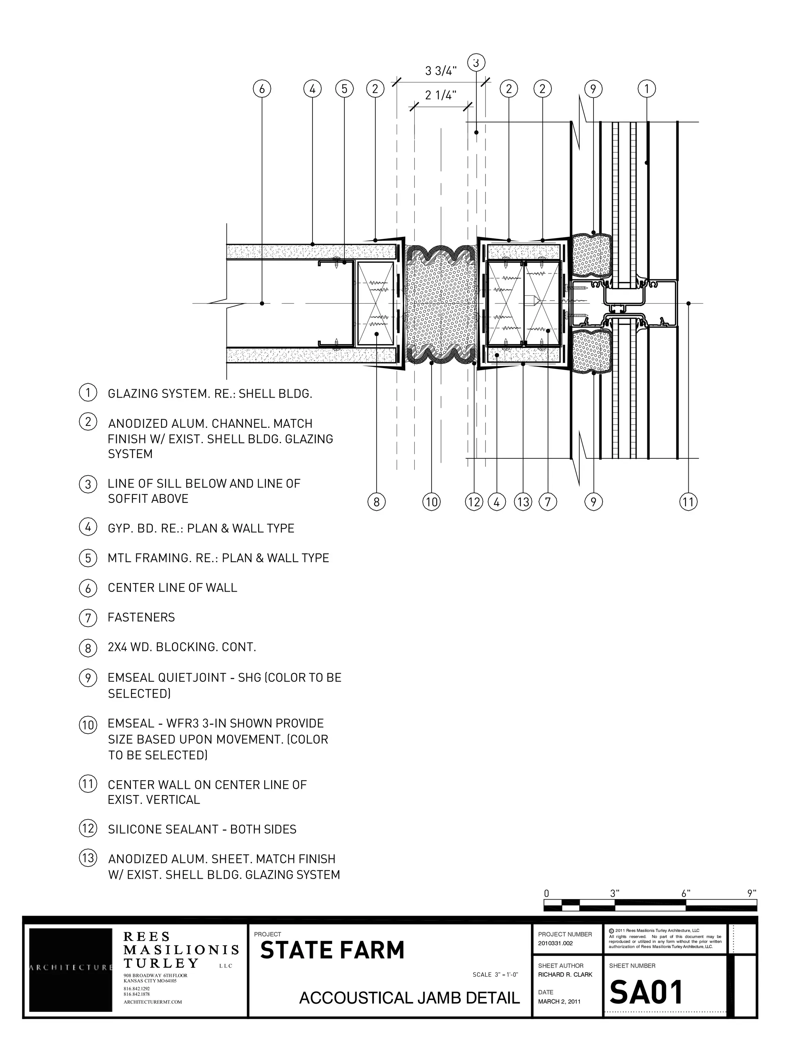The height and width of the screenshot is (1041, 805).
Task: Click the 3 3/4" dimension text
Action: click(x=441, y=71)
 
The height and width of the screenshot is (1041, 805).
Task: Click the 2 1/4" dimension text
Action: click(x=441, y=95)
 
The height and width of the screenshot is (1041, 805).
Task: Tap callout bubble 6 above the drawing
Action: click(x=262, y=89)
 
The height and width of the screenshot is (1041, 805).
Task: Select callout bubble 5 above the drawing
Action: click(x=344, y=89)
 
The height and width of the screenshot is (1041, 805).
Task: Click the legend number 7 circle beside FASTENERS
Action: click(x=88, y=618)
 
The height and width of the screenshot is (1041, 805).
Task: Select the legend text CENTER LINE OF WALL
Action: click(x=172, y=588)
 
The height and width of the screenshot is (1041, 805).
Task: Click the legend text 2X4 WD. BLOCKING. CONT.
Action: click(x=182, y=647)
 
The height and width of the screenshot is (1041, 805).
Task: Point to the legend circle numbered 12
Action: click(x=88, y=828)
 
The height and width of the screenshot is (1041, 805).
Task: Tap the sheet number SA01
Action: click(x=647, y=993)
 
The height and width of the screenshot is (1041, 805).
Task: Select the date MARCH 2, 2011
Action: click(x=559, y=1001)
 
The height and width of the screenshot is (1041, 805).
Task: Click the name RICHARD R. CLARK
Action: click(x=565, y=975)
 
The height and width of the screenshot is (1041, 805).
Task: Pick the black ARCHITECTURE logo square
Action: click(x=71, y=970)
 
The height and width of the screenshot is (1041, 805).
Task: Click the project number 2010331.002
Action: click(x=555, y=943)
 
